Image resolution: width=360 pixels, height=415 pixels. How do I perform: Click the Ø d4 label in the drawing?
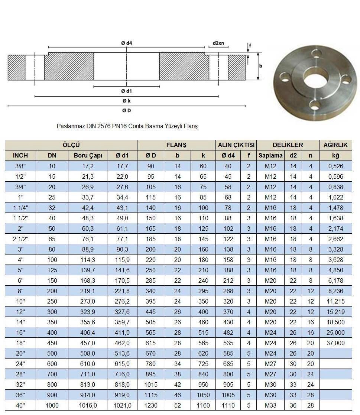(126, 43)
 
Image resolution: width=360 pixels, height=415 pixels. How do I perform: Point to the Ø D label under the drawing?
(126, 110)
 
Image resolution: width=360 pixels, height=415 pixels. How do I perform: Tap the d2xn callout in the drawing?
(218, 43)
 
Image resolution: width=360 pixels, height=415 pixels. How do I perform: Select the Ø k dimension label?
(126, 100)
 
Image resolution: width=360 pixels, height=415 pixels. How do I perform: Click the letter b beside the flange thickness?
(261, 66)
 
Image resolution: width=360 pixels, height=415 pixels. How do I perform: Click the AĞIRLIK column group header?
(335, 145)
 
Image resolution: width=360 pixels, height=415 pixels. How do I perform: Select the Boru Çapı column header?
(88, 155)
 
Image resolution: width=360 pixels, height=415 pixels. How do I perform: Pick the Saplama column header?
(270, 155)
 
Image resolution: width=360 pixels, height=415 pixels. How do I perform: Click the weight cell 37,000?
(335, 343)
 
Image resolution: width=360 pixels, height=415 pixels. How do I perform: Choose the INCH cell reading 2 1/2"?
(20, 239)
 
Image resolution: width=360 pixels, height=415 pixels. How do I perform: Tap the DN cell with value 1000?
(52, 405)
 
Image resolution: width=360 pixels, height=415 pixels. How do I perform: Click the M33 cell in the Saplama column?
(270, 405)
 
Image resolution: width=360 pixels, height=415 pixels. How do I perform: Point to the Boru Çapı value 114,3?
(88, 260)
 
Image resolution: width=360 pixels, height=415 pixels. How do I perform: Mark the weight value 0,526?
(335, 166)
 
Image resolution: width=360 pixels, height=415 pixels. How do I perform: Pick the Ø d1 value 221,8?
(122, 291)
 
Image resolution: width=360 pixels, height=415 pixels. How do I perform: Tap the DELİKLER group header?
(288, 145)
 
